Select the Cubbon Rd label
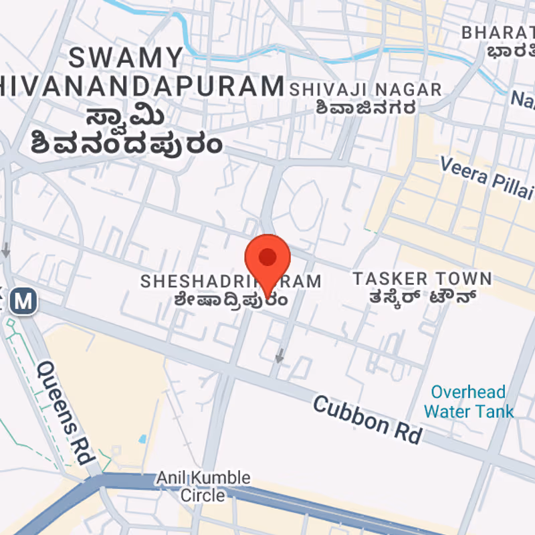[x=368, y=419]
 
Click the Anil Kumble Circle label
[x=203, y=486]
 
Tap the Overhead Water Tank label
[x=468, y=401]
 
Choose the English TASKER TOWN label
[x=422, y=279]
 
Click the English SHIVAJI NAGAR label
[x=365, y=90]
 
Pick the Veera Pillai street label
[x=487, y=175]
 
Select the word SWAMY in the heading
[x=126, y=58]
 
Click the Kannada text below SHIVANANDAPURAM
[x=126, y=130]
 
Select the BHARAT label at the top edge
[x=499, y=32]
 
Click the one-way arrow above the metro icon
[x=6, y=251]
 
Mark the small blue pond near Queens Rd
[x=142, y=439]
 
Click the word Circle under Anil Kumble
[x=203, y=496]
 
